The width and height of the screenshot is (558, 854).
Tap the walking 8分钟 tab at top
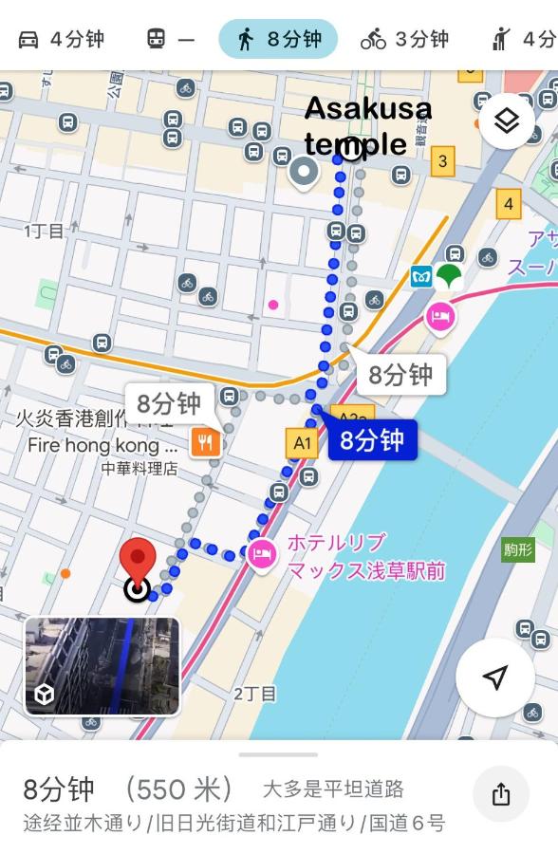(278, 39)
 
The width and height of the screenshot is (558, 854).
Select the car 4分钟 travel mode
(61, 39)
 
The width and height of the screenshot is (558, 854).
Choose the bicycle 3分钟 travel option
(404, 39)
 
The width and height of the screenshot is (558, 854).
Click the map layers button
(507, 121)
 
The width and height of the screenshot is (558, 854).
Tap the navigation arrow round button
(494, 677)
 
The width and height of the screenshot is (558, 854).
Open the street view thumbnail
(102, 665)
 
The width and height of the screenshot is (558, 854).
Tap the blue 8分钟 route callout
(372, 440)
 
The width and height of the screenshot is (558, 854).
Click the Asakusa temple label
(367, 125)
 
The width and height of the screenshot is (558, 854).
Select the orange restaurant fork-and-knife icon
(205, 441)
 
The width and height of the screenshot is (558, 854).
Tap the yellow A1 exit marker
(302, 442)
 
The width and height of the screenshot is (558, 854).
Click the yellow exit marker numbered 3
(442, 161)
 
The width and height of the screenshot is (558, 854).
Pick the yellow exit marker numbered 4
(509, 203)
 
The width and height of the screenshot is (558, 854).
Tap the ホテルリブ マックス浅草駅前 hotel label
(365, 556)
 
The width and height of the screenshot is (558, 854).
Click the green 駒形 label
(518, 548)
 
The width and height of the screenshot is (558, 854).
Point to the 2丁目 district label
(254, 694)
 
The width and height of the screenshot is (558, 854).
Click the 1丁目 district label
(44, 231)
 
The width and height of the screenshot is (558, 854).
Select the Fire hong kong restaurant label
(102, 445)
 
